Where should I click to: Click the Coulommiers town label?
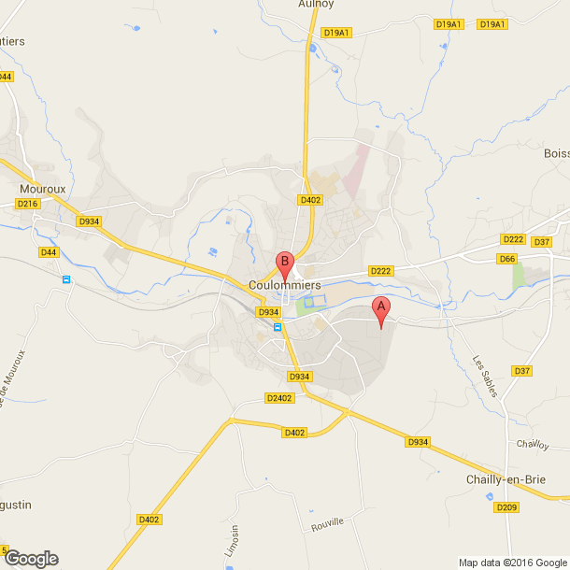[x=286, y=284]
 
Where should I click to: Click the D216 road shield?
[x=28, y=204]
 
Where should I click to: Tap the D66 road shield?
[x=507, y=258]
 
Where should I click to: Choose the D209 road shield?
[x=506, y=507]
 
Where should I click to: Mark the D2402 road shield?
[x=279, y=397]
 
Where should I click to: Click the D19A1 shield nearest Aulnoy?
[x=335, y=32]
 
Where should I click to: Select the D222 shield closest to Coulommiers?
[x=380, y=271]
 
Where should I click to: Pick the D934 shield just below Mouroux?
[x=89, y=221]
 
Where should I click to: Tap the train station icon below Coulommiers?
[x=278, y=327]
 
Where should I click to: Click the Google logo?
[x=31, y=558]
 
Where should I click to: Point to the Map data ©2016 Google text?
[x=512, y=562]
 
